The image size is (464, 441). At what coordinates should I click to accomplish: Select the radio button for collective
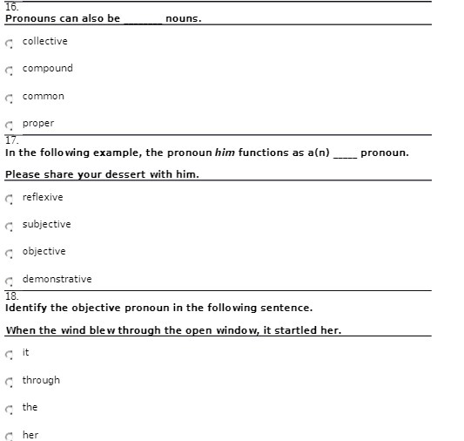pos(9,43)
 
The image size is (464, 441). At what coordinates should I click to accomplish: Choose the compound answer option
pos(9,70)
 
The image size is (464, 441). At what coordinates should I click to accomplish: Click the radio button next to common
pos(9,98)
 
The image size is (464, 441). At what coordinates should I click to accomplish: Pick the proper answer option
pos(9,125)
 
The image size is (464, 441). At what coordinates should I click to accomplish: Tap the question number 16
pos(11,6)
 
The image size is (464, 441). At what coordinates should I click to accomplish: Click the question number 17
pos(11,139)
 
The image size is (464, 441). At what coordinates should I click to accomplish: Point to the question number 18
pos(11,295)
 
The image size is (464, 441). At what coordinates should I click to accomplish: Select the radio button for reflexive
pos(9,199)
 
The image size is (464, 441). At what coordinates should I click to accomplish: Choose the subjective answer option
pos(9,226)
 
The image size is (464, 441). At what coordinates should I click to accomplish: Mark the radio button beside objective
pos(9,253)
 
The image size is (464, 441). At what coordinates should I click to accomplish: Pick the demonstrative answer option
pos(9,281)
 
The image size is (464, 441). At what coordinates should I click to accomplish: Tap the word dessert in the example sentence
pos(126,174)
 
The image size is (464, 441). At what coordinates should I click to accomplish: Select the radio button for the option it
pos(9,354)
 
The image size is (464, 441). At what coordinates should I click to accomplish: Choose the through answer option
pos(9,382)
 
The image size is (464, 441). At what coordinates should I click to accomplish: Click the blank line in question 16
pos(143,19)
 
